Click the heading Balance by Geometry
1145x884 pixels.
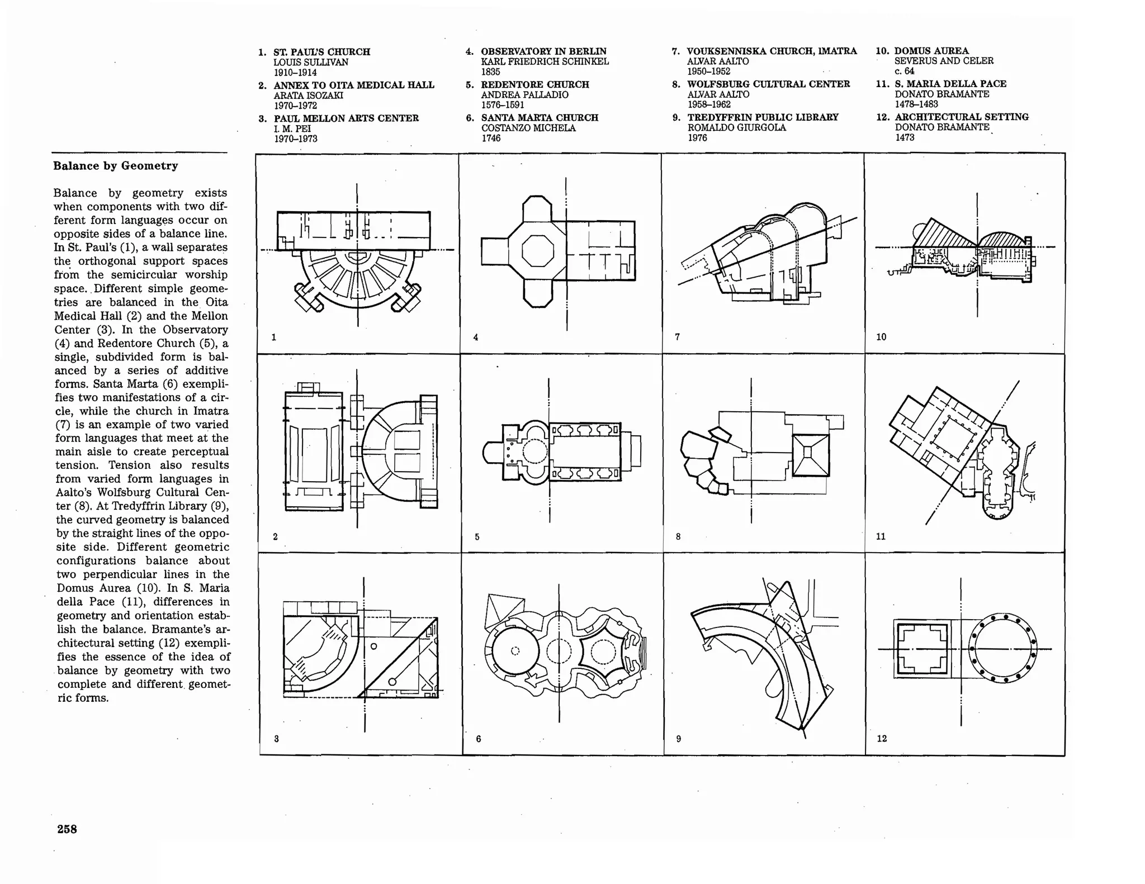116,166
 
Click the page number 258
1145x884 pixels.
67,829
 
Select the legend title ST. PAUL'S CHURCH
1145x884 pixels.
321,52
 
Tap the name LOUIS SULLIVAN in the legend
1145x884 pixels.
310,62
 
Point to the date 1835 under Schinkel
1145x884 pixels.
490,72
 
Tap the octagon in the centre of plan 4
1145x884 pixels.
537,251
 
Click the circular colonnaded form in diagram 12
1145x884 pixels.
1002,648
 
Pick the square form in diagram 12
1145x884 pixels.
922,649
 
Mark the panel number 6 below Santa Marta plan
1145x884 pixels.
479,739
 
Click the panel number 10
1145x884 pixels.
881,337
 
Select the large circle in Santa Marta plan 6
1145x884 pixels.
515,650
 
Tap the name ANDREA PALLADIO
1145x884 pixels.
524,95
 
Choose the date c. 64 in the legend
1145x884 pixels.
904,71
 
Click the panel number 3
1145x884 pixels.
276,739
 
